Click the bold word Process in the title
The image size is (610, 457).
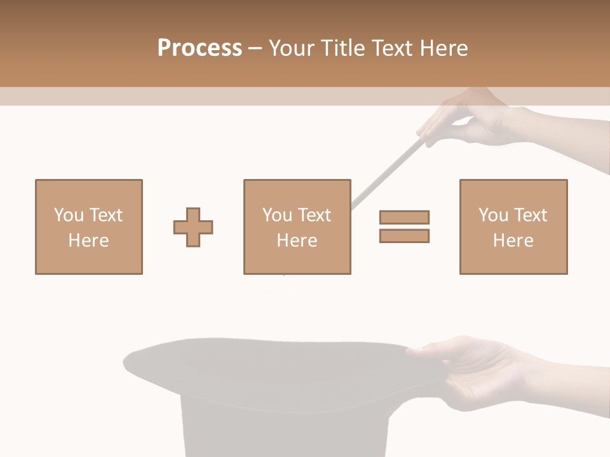point(200,48)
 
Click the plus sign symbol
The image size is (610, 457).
point(193,227)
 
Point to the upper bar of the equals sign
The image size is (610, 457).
point(404,217)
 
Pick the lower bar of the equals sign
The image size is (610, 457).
point(404,236)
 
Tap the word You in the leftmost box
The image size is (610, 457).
point(67,215)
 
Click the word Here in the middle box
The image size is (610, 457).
point(297,241)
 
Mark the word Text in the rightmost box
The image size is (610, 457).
point(530,215)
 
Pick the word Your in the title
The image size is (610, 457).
point(290,48)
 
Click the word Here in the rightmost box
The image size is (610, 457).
point(513,241)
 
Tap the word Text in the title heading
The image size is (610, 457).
point(389,48)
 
